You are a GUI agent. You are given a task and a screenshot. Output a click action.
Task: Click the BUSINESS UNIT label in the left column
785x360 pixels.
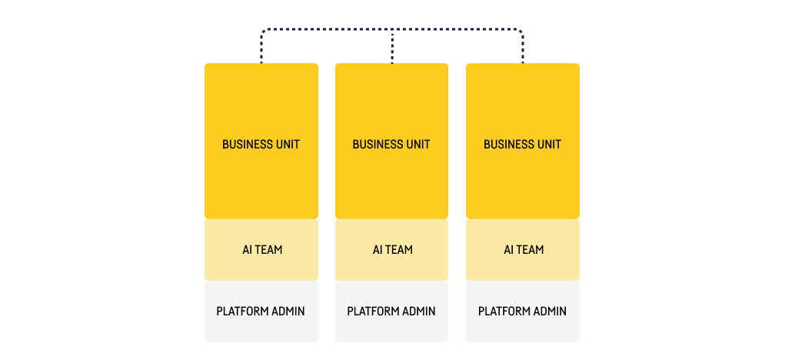point(261,145)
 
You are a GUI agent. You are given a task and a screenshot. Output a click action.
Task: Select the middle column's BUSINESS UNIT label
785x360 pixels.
point(391,145)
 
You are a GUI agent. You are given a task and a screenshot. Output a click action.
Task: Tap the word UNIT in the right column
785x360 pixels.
point(547,145)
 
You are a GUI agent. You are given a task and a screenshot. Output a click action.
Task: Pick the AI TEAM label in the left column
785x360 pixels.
point(261,250)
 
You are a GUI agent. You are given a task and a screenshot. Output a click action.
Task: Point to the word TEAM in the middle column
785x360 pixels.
point(399,250)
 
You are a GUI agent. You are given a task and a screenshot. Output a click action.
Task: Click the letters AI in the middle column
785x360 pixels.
point(378,250)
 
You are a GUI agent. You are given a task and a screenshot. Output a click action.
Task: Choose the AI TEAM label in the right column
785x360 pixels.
point(523,250)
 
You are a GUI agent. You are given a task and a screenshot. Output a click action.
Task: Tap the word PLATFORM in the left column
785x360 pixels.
point(242,312)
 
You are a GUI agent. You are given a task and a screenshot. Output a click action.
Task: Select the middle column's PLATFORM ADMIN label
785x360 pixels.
point(391,312)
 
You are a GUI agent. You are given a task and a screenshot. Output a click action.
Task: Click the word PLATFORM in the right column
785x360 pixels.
point(504,312)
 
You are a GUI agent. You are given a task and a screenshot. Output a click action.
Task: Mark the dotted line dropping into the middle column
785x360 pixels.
point(393,48)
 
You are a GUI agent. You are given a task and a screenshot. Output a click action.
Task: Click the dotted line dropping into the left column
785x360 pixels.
point(261,50)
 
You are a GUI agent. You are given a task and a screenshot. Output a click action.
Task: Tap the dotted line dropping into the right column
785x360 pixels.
point(523,50)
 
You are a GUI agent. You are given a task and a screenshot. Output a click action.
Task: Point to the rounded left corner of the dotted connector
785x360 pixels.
point(264,32)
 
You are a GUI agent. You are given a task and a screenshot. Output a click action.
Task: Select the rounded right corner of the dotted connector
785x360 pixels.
point(521,32)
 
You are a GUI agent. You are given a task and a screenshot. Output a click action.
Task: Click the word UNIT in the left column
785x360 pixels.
point(286,145)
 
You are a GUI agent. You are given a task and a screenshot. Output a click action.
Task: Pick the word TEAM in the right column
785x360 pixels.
point(530,250)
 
